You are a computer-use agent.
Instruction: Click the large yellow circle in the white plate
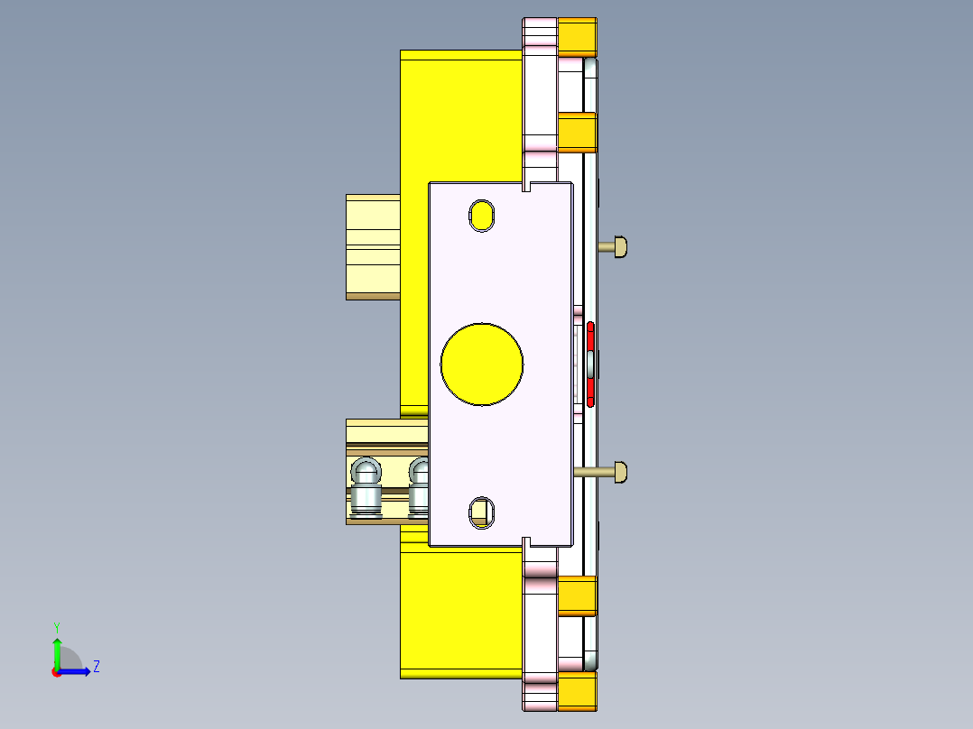tap(482, 364)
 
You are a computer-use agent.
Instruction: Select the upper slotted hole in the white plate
tap(482, 216)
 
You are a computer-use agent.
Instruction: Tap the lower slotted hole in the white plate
tap(482, 512)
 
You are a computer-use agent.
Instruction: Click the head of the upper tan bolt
tap(620, 245)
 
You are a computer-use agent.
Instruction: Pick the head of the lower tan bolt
tap(620, 471)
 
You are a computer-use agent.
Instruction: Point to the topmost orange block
tap(577, 37)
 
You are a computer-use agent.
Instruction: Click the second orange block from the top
tap(577, 133)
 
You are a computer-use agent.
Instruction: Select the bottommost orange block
tap(577, 690)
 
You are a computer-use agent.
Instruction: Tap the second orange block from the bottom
tap(577, 595)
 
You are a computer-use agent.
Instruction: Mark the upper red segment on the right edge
tap(590, 337)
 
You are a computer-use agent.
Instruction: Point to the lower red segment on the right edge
tap(590, 391)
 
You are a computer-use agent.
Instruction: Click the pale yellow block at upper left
tap(373, 245)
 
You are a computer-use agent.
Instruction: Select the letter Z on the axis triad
tap(96, 667)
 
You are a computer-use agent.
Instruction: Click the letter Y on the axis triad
tap(56, 626)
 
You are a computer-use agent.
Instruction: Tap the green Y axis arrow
tap(57, 651)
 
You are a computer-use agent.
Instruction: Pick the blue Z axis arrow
tap(77, 671)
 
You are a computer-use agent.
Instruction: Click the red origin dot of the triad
tap(57, 672)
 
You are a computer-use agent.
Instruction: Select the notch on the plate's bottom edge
tap(525, 541)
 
